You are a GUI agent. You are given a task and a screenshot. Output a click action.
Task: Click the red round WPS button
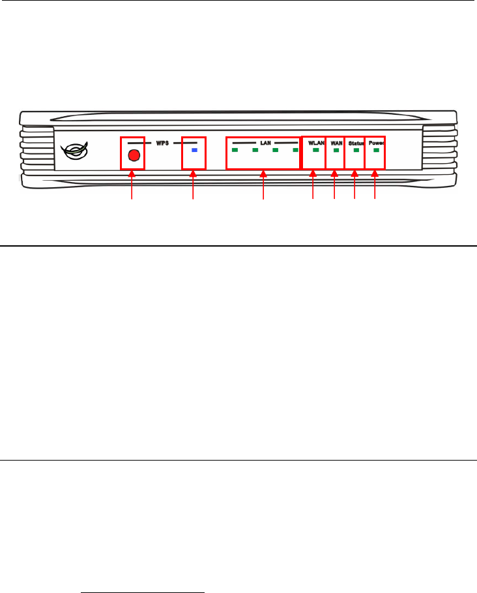[134, 156]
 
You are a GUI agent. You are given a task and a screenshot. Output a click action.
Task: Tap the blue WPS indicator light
[194, 150]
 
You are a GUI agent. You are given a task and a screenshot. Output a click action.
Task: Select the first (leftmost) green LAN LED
[235, 150]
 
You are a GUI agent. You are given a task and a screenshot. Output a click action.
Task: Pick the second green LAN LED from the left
[255, 150]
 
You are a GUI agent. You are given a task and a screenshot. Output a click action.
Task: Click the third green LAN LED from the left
[276, 150]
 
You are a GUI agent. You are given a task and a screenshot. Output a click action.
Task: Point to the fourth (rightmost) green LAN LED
[295, 150]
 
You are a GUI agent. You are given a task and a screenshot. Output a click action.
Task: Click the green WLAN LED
[315, 150]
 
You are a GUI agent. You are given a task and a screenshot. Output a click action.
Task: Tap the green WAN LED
[336, 150]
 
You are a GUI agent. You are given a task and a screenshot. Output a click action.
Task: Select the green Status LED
[356, 150]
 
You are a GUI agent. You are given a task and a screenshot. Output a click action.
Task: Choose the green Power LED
[376, 150]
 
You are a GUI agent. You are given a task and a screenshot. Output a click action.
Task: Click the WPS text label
[162, 142]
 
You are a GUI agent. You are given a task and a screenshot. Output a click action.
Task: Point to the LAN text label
[265, 142]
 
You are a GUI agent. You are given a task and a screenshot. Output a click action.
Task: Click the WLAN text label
[316, 142]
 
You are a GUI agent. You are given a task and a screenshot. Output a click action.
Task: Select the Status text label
[356, 142]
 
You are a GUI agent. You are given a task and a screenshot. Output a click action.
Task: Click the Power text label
[376, 142]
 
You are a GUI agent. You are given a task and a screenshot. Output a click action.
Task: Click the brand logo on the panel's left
[75, 151]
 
